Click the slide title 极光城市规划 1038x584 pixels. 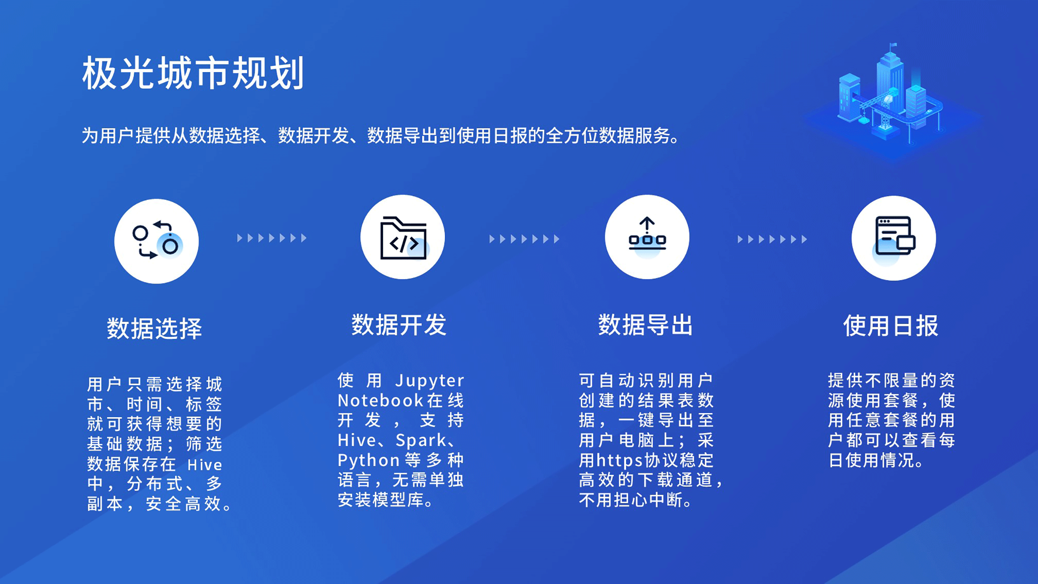point(193,73)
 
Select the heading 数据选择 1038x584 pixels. point(154,328)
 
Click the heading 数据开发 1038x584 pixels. point(399,325)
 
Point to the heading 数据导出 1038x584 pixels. point(645,325)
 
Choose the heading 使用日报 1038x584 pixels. point(891,325)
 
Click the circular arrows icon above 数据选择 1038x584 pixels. point(157,241)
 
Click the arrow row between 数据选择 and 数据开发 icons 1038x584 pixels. point(272,238)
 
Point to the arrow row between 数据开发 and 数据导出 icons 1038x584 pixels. point(524,239)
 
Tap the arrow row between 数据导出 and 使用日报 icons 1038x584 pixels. point(772,239)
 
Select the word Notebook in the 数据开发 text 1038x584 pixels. point(380,400)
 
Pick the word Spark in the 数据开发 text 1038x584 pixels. point(421,441)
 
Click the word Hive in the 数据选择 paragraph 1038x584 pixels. point(205,465)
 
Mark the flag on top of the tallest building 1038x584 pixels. point(893,45)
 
